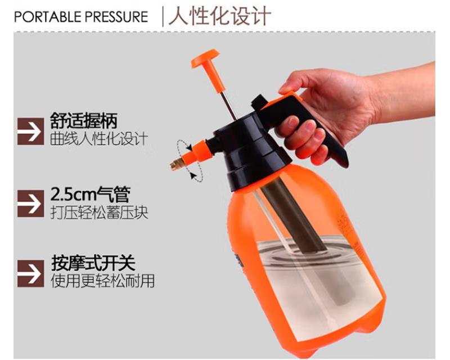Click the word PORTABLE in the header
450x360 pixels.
pos(48,17)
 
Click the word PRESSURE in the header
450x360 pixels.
pos(117,17)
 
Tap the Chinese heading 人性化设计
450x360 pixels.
pos(220,16)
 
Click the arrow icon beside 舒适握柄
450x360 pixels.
pos(31,131)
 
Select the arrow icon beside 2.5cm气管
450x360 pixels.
pos(31,203)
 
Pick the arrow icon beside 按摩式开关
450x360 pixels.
pos(31,273)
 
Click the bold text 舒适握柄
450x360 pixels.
pos(84,121)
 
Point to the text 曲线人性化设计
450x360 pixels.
pos(99,139)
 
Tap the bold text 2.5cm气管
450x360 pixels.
pos(91,194)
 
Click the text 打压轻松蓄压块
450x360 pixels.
pos(100,213)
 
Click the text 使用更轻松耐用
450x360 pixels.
pos(103,281)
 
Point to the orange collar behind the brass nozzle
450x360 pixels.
pos(197,154)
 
